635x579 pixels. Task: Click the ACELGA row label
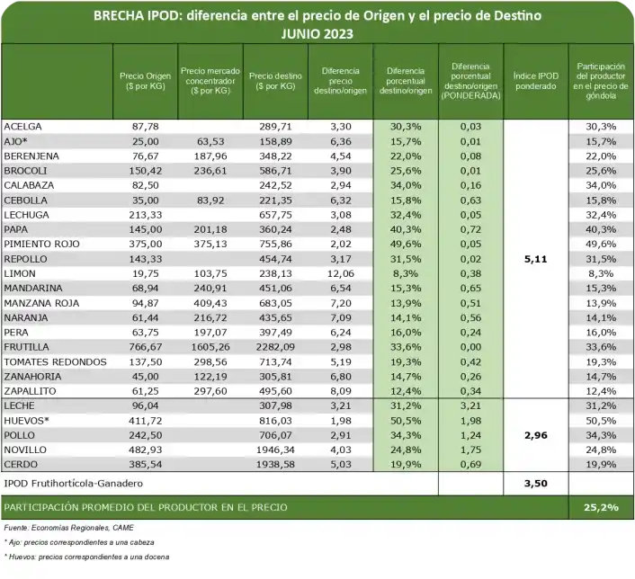[23, 127]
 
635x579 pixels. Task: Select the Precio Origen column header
[145, 81]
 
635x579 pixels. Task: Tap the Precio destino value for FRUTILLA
[274, 347]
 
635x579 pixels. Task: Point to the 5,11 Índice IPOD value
[535, 259]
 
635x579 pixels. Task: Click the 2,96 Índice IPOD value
[535, 435]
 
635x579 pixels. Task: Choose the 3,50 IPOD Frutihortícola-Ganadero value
[535, 484]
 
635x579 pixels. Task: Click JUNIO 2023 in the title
[317, 33]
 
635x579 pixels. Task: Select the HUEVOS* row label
[27, 420]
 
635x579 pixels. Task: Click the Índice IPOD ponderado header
[535, 81]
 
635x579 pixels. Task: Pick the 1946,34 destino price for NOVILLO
[274, 450]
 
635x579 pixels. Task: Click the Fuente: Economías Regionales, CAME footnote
[67, 527]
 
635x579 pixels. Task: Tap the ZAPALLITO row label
[31, 391]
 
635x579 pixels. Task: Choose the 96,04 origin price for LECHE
[145, 405]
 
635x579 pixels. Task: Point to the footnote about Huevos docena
[86, 559]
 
